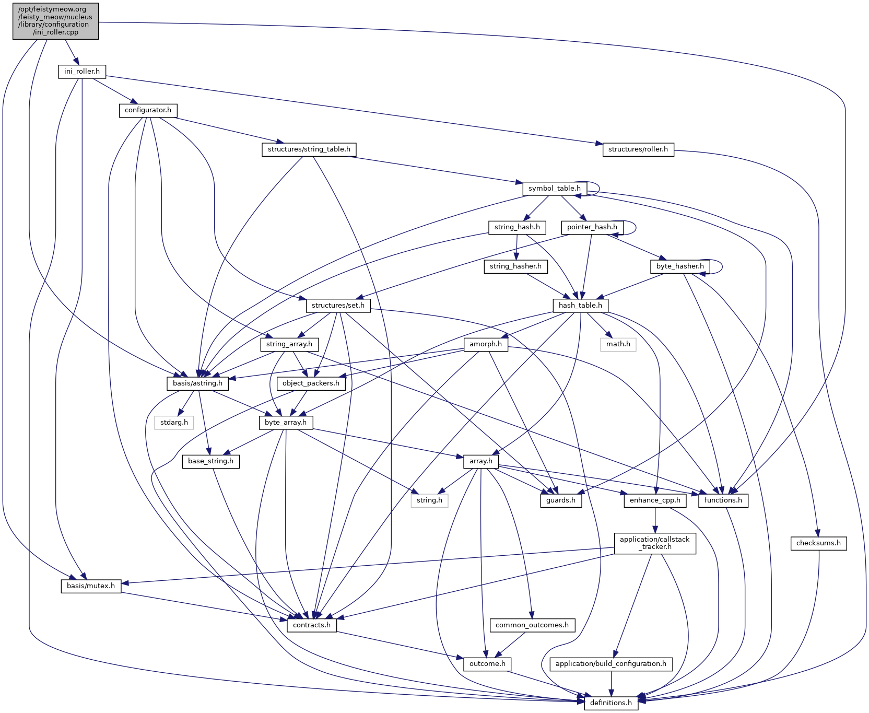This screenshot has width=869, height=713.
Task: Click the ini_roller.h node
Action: [x=81, y=72]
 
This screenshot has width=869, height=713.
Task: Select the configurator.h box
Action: [x=148, y=111]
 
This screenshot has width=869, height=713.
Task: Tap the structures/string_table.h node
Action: [x=309, y=149]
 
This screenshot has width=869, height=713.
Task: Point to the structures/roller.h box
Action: [x=638, y=149]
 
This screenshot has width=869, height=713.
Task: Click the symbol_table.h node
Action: [x=554, y=189]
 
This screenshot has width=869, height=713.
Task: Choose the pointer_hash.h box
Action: [x=592, y=227]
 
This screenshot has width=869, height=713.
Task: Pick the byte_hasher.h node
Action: [x=680, y=266]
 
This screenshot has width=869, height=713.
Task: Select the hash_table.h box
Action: [x=580, y=306]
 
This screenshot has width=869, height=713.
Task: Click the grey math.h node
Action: [x=618, y=344]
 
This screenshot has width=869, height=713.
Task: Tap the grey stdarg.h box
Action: [x=174, y=422]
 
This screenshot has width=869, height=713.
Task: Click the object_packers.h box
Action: [x=311, y=383]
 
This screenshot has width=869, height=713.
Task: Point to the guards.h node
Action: [x=561, y=500]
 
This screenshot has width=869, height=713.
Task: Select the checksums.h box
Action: [x=818, y=543]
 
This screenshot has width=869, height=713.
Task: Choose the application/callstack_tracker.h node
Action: [x=654, y=543]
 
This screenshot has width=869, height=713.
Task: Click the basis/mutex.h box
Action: [x=91, y=586]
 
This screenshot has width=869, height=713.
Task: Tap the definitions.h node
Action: [x=610, y=703]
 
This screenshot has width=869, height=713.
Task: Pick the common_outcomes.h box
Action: [x=532, y=625]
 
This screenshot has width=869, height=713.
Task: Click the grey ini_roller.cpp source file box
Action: [x=55, y=21]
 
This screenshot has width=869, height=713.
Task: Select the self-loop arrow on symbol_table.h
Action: [x=598, y=189]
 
